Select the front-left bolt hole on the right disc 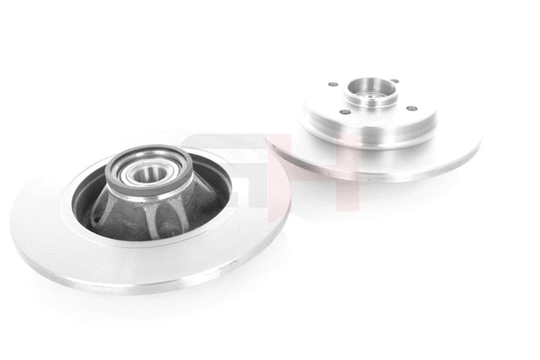pos(344,112)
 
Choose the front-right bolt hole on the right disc pos(410,108)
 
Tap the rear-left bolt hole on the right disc pos(332,85)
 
